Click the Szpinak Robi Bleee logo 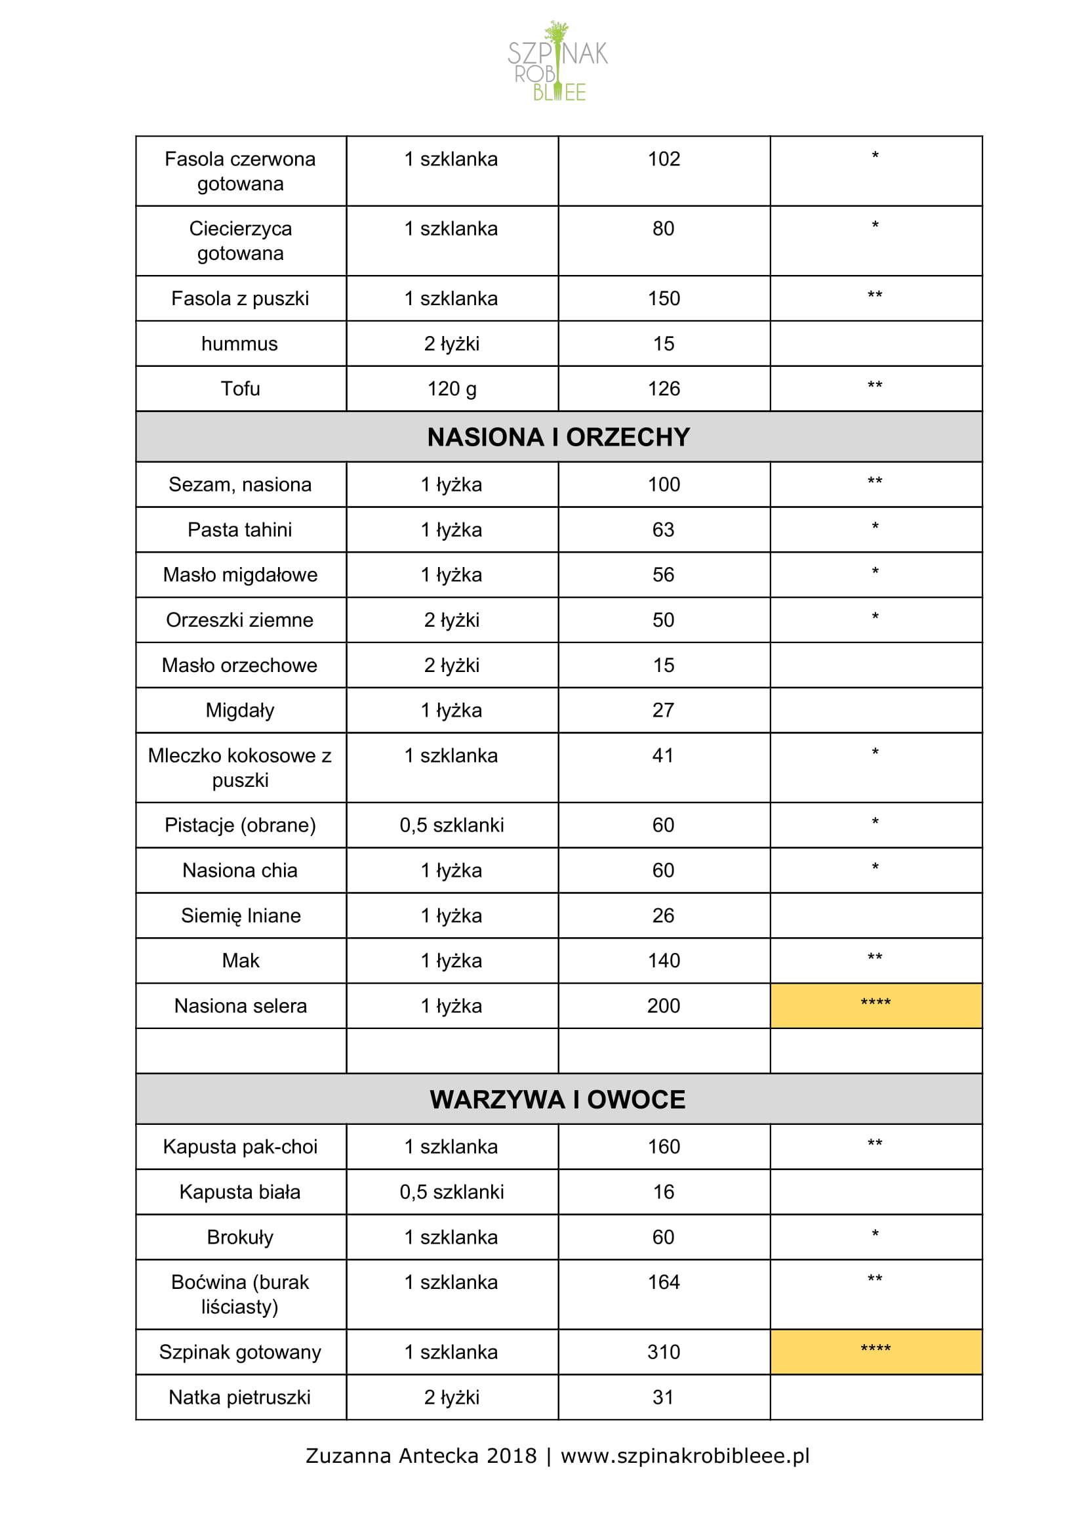(557, 62)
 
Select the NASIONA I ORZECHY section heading (558, 437)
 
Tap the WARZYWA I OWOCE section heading (557, 1099)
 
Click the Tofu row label (240, 389)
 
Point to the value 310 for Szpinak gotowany (663, 1351)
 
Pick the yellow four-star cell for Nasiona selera (875, 1005)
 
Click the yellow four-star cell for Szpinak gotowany (875, 1351)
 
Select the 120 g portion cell (452, 389)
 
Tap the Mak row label (240, 960)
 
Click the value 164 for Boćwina (663, 1281)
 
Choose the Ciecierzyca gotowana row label (240, 240)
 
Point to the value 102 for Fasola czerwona (663, 159)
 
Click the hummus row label (239, 343)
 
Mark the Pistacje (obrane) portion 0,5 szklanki (452, 825)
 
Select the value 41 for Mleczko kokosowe (663, 755)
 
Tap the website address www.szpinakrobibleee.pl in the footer (685, 1456)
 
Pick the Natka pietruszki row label (239, 1397)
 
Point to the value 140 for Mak (663, 960)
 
